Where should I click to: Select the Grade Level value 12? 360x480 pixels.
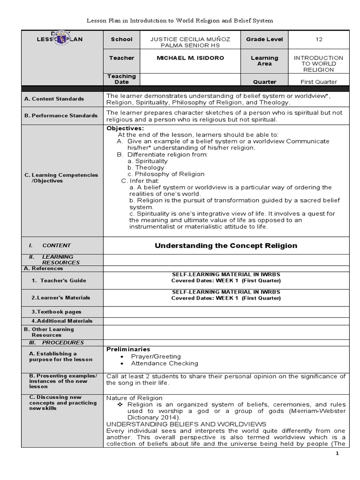(x=319, y=39)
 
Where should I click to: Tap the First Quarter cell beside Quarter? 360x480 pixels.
(x=319, y=82)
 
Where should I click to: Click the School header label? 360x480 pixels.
(x=121, y=39)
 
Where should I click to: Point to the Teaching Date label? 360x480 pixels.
(x=121, y=79)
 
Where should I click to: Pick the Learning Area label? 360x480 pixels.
(x=264, y=61)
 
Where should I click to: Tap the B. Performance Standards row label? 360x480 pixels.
(x=61, y=115)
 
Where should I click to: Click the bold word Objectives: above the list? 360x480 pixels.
(x=125, y=128)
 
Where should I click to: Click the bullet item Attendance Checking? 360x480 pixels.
(x=165, y=363)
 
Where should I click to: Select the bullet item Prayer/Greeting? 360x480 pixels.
(x=156, y=356)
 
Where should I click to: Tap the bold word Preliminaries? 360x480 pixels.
(x=128, y=349)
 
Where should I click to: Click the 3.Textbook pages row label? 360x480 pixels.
(x=56, y=312)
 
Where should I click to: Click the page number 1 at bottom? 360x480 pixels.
(x=337, y=454)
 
